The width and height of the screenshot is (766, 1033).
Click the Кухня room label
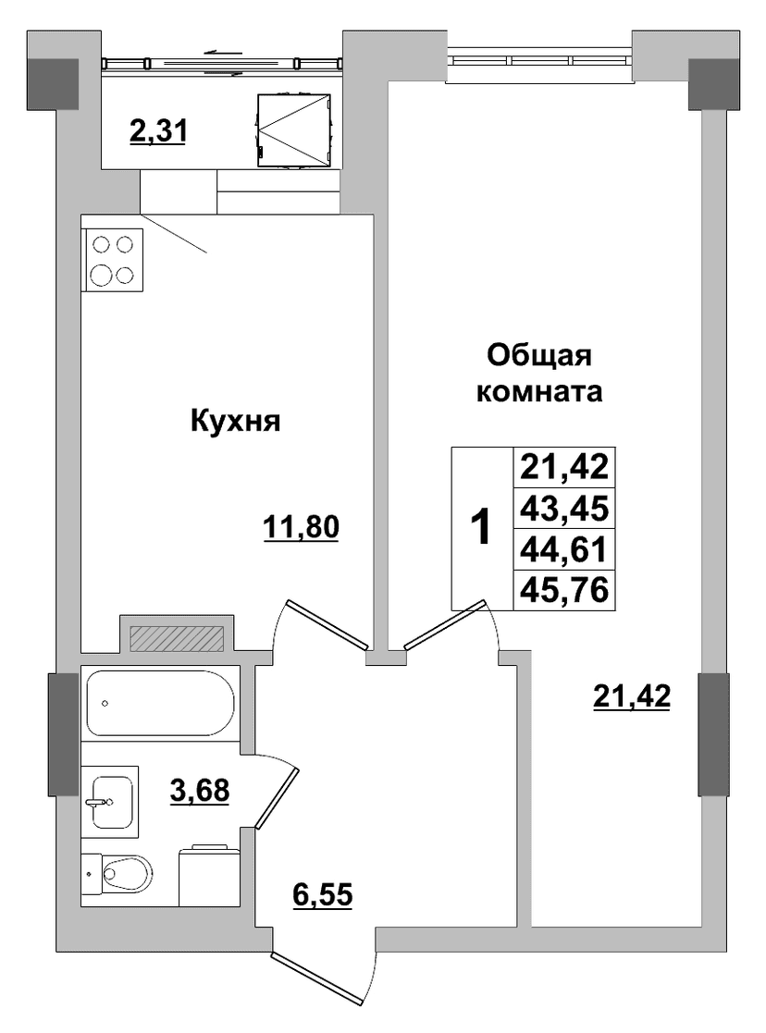point(235,421)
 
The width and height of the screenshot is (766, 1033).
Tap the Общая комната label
point(539,374)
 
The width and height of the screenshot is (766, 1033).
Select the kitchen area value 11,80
point(301,528)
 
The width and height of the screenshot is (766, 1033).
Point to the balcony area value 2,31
point(159,131)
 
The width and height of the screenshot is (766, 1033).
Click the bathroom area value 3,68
point(200,790)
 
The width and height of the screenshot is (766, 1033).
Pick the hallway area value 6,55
point(322,894)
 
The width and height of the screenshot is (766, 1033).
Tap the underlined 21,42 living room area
point(632,696)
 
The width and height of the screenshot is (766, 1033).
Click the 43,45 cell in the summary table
point(563,509)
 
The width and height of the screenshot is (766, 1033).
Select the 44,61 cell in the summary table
point(563,548)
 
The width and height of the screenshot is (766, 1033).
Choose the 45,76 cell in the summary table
point(563,590)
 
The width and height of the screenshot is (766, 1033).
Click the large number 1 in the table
point(482,528)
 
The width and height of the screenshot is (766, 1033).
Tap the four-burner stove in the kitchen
point(112,260)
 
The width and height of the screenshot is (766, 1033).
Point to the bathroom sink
point(111,801)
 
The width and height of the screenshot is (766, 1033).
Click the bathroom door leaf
point(277,797)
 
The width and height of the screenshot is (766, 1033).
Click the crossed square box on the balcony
point(293,129)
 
